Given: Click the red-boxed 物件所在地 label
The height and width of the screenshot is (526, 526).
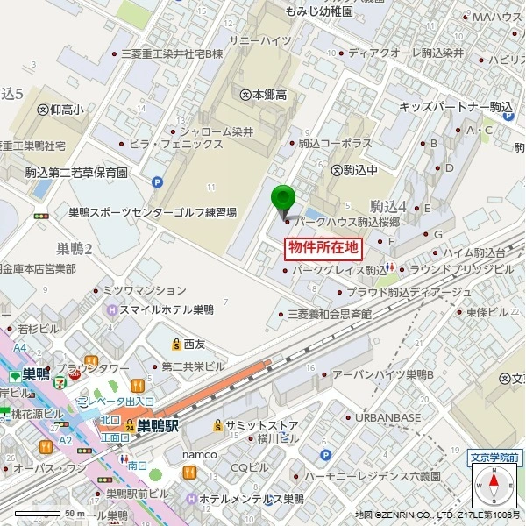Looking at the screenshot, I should coord(323,248).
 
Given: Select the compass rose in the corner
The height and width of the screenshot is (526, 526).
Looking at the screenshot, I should coord(493,483).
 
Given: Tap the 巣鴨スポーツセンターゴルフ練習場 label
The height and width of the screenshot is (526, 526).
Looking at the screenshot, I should coord(153,212).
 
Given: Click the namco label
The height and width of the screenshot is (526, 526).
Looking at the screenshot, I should coord(199,454).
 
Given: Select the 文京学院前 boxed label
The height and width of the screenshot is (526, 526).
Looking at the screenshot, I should coord(494,456).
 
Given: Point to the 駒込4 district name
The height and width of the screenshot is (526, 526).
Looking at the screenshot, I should coord(388,207).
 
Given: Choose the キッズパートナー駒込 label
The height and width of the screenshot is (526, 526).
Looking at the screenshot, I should coord(455,107).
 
